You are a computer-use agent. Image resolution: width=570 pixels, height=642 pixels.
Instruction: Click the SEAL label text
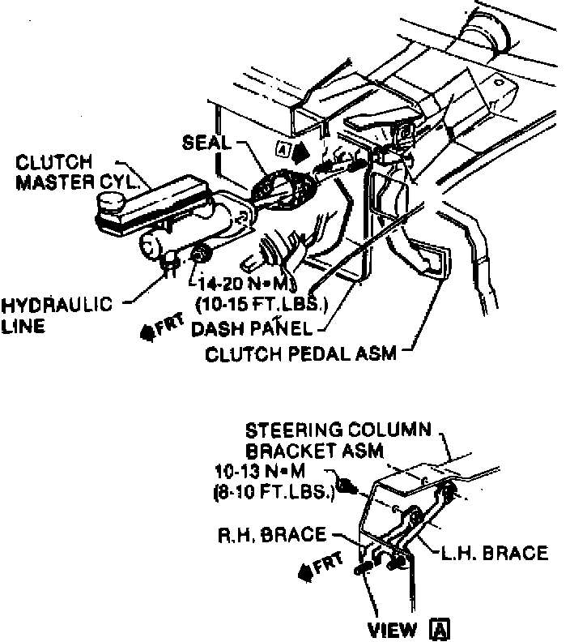pos(206,143)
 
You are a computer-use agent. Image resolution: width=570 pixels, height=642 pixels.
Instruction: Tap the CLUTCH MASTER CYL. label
pos(76,172)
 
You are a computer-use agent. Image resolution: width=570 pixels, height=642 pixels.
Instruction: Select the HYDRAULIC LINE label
pos(57,315)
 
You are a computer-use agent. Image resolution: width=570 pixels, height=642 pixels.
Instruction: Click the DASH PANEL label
pos(252,329)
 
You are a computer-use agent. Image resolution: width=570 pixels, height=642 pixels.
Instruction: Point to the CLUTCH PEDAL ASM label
pos(301,353)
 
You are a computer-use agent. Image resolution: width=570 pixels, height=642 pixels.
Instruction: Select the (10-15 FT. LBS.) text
pos(262,304)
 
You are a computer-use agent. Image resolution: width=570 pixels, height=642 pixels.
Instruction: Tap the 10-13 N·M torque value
pos(260,472)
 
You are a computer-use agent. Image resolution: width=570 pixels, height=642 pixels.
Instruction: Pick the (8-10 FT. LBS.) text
pos(274,491)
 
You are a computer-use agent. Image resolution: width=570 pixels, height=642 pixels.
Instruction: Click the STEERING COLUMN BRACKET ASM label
pos(338,441)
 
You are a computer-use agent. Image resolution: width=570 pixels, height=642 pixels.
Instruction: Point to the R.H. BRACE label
pos(272,535)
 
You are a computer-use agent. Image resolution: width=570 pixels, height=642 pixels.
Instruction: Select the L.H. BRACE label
pos(495,553)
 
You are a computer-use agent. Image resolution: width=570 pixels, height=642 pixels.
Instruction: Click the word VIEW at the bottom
pos(393,629)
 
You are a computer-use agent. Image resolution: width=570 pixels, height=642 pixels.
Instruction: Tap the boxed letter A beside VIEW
pos(440,629)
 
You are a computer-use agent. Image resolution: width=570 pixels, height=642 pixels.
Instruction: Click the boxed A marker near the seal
pos(282,148)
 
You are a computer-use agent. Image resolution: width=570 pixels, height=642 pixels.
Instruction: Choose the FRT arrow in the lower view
pos(321,566)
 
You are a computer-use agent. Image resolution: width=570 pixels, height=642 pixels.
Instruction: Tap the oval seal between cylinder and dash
pos(283,189)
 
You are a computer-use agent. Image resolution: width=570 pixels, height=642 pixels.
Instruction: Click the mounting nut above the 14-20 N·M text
pos(200,255)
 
